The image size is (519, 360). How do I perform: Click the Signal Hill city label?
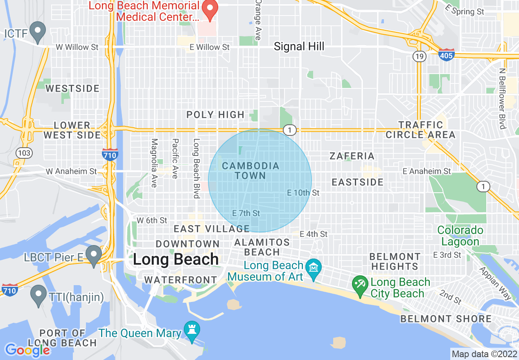click(x=299, y=47)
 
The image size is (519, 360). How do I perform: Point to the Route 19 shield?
click(x=419, y=56)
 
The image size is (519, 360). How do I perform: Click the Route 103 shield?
click(x=24, y=153)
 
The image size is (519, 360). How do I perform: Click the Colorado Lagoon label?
click(x=460, y=236)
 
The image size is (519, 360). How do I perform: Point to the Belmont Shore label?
click(x=446, y=319)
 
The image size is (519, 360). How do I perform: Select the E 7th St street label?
click(x=246, y=213)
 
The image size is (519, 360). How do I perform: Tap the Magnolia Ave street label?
click(x=154, y=163)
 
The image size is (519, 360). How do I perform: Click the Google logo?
click(x=27, y=350)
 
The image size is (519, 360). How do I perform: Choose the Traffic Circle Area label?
click(x=421, y=130)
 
